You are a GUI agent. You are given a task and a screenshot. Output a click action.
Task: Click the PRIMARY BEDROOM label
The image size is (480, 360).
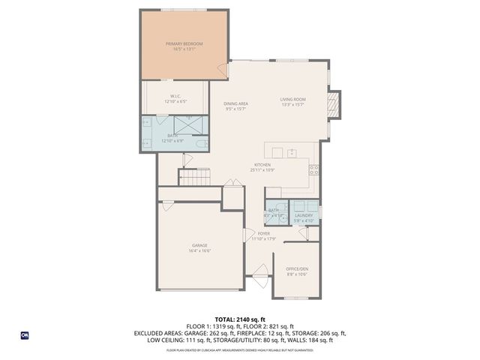(184, 44)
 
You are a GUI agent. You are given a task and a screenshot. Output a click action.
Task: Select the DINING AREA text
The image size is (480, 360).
(237, 104)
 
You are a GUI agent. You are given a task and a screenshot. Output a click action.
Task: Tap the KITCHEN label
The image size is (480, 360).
(262, 164)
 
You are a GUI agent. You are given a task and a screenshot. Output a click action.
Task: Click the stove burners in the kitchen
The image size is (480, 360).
(315, 169)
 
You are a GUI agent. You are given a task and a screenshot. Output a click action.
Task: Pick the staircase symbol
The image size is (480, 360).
(194, 178)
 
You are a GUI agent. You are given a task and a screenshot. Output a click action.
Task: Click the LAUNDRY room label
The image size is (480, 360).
(304, 215)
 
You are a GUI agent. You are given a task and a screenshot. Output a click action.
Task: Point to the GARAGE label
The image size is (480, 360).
(199, 245)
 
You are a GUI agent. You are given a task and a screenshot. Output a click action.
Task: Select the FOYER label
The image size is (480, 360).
(264, 234)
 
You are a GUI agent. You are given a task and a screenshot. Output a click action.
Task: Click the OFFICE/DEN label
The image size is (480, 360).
(297, 268)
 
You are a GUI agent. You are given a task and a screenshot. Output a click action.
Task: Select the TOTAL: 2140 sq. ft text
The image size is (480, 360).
(239, 319)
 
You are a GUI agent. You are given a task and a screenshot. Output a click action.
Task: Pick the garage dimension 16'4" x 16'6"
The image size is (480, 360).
(199, 251)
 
